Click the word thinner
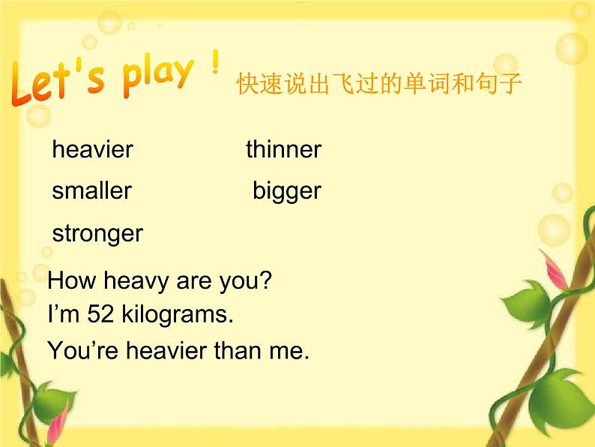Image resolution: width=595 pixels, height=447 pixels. click(283, 148)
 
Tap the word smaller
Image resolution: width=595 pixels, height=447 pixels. click(92, 190)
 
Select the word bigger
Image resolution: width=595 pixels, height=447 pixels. click(287, 192)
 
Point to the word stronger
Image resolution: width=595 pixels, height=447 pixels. click(97, 233)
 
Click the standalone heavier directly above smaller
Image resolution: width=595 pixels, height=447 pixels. click(93, 148)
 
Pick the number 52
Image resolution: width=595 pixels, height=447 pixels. click(100, 314)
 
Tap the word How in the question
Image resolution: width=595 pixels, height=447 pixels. click(72, 280)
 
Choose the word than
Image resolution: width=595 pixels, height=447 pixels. click(237, 349)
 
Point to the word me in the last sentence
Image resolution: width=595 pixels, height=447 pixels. click(289, 351)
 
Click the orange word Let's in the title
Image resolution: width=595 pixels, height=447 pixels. click(58, 82)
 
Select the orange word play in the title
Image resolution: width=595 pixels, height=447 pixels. click(158, 76)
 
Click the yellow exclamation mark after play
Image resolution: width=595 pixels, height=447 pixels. click(216, 61)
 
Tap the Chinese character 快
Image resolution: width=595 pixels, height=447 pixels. click(248, 83)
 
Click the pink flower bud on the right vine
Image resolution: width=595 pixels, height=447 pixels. click(553, 269)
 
